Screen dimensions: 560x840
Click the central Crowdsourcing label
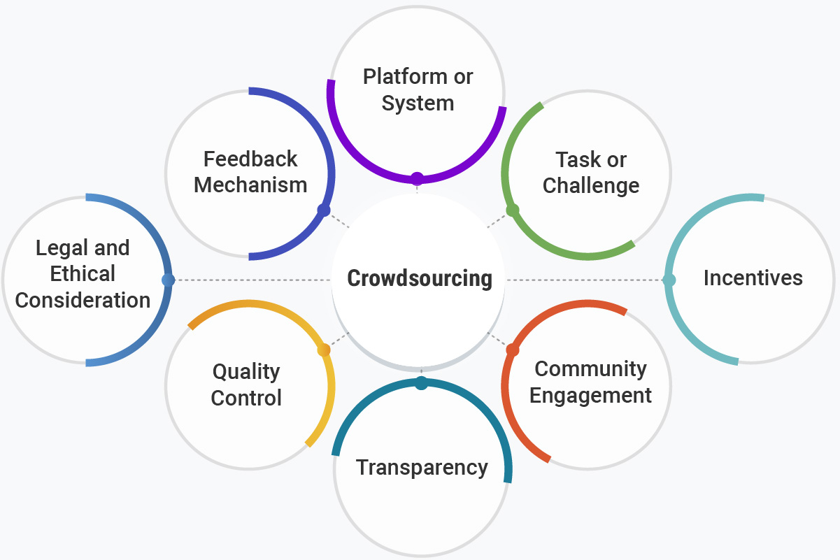(420, 278)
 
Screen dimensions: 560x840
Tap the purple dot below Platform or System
(418, 178)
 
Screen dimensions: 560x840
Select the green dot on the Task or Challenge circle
(513, 210)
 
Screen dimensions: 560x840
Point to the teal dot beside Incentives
(669, 280)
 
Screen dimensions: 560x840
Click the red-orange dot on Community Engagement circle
(512, 350)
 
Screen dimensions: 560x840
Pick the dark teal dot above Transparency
(421, 383)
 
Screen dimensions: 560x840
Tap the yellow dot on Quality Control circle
(324, 350)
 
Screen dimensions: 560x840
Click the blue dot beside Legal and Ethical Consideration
(168, 280)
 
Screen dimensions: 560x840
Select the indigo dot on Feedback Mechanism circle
(323, 210)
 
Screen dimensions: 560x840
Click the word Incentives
(753, 278)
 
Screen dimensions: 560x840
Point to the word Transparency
(422, 467)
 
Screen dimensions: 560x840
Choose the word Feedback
(250, 159)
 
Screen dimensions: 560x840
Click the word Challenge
(591, 186)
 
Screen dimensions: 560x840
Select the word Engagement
(590, 395)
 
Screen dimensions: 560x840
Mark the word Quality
(246, 371)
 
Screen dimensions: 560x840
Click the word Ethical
(83, 273)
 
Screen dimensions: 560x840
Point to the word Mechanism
(250, 185)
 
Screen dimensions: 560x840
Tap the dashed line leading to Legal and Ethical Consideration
(252, 280)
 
